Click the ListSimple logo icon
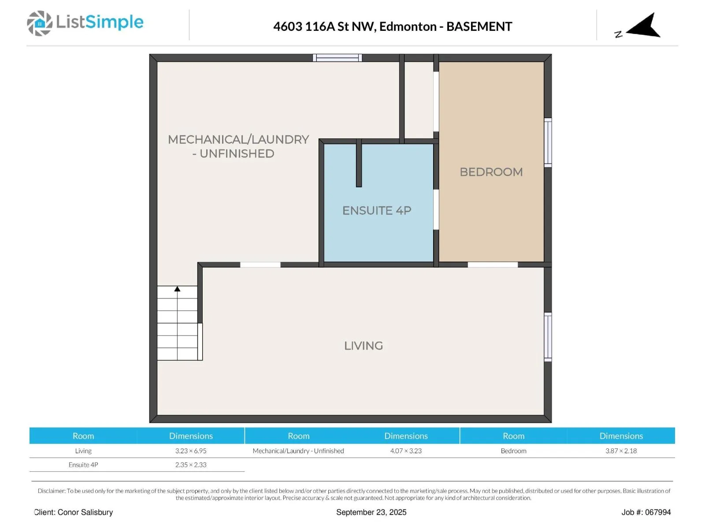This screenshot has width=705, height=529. click(40, 23)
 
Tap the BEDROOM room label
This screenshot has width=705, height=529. click(491, 172)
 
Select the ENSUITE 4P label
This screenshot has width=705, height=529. click(377, 210)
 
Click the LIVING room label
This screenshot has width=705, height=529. click(363, 346)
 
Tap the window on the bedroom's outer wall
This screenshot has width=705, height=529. click(548, 142)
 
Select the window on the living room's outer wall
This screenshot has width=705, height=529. click(548, 337)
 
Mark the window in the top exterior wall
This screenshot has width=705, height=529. click(337, 58)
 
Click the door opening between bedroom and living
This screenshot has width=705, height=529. click(492, 264)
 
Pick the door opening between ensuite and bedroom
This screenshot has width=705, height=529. click(436, 209)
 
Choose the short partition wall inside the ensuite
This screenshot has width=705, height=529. click(359, 163)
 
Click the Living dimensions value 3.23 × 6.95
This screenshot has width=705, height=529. click(191, 451)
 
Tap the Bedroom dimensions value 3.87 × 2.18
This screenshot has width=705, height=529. click(621, 451)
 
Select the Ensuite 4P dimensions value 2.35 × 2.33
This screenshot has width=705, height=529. click(191, 465)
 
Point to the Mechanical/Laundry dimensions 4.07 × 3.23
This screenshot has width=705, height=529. click(406, 451)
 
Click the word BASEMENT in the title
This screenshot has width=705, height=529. click(479, 26)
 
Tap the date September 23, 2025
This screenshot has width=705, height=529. click(371, 512)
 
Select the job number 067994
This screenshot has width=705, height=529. click(658, 512)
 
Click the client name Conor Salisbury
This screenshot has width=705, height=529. click(85, 512)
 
